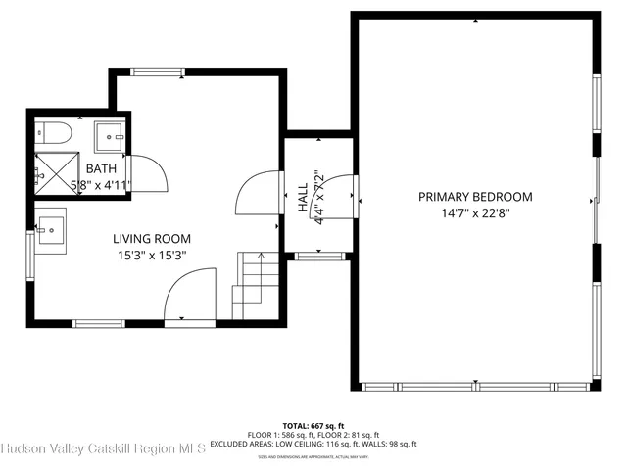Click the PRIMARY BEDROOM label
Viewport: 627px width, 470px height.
pos(475,196)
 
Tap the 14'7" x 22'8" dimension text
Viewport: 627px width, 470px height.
pos(475,212)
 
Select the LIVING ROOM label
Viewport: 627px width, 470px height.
pos(152,238)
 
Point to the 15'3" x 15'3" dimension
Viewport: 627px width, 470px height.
pos(152,255)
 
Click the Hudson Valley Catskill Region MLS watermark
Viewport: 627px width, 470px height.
pos(103,449)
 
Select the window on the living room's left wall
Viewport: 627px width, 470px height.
pos(30,256)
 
